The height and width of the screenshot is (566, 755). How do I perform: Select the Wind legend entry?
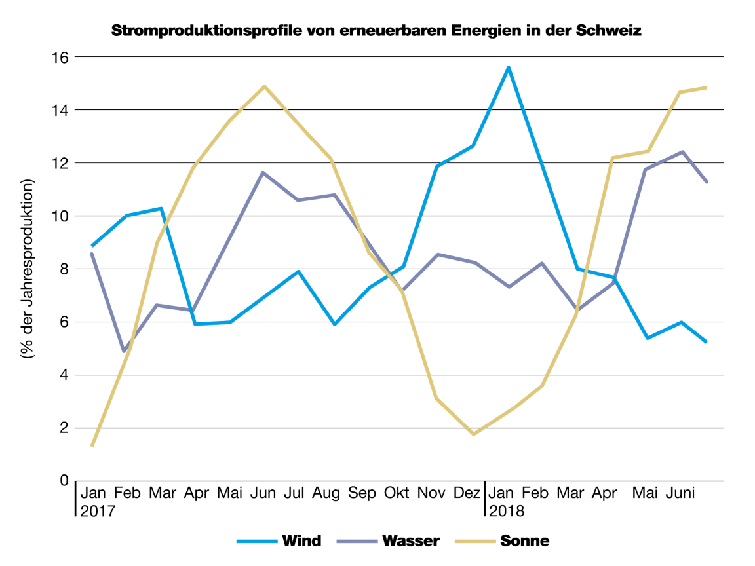point(301,540)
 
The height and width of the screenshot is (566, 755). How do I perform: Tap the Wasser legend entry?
point(410,540)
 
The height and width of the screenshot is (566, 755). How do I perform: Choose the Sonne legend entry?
point(524,540)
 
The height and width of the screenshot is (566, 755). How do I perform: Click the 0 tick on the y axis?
point(64,481)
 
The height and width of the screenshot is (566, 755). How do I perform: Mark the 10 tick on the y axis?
point(60,216)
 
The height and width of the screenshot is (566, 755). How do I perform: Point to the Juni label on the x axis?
point(682,493)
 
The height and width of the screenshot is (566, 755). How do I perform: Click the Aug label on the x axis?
point(326,493)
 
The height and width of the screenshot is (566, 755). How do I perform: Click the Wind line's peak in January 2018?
point(508,67)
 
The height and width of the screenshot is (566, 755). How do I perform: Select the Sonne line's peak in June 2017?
point(264,86)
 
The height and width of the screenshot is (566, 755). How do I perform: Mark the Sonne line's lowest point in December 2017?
point(473,434)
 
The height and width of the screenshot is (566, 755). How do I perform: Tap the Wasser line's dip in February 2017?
point(124,351)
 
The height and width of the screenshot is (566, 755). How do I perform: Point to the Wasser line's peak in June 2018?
point(682,152)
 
